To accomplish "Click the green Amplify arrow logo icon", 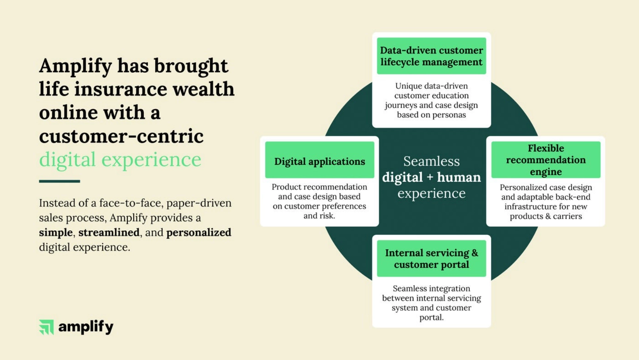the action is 46,327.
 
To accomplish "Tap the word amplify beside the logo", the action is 86,327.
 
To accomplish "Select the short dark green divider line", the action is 59,181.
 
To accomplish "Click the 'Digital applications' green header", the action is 319,160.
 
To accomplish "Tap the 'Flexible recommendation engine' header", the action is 546,160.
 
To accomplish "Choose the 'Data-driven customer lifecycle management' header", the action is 431,56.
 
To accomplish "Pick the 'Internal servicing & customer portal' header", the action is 431,258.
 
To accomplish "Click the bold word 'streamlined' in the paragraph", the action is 109,233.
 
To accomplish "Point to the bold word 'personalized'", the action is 199,233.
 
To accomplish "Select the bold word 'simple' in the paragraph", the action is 56,233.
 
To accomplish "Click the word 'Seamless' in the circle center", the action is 431,161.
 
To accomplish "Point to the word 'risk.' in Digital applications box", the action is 327,216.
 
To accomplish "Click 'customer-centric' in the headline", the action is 121,136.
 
